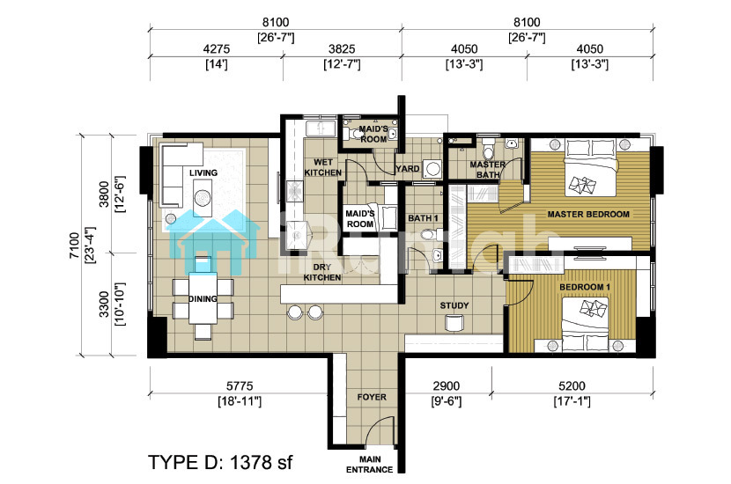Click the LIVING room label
[203, 172]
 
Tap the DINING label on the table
[203, 298]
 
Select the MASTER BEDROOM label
[588, 215]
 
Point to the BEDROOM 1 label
[585, 287]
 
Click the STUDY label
[454, 305]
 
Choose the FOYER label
[372, 398]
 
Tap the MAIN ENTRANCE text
[370, 465]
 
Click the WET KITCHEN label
[323, 167]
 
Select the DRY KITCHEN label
[322, 272]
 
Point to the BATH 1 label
[423, 218]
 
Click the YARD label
[408, 169]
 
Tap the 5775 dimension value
[240, 386]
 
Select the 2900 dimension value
[447, 386]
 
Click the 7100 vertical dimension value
[74, 246]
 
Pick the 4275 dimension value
[217, 49]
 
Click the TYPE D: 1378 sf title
[220, 463]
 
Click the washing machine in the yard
[432, 169]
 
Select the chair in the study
[454, 323]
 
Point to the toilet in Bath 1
[427, 234]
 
